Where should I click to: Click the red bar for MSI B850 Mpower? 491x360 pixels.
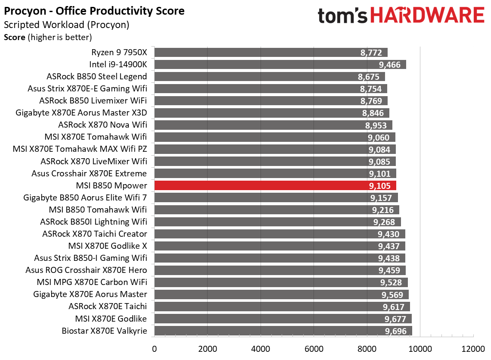pyautogui.click(x=275, y=185)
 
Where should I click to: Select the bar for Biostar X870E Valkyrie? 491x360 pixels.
pyautogui.click(x=283, y=331)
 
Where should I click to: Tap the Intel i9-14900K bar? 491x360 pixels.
pyautogui.click(x=280, y=65)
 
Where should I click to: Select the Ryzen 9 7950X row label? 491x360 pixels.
pyautogui.click(x=119, y=53)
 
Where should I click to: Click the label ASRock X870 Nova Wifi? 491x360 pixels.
pyautogui.click(x=103, y=125)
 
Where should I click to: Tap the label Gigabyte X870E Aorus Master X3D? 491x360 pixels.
pyautogui.click(x=81, y=113)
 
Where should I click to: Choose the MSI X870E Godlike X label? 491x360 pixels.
pyautogui.click(x=108, y=246)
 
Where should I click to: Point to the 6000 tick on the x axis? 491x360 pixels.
pyautogui.click(x=314, y=348)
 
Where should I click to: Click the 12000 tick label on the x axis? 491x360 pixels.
pyautogui.click(x=473, y=348)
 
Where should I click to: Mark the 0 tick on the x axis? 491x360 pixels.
pyautogui.click(x=154, y=348)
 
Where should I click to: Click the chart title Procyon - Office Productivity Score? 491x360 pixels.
pyautogui.click(x=94, y=11)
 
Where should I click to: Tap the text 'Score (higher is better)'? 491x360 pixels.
pyautogui.click(x=48, y=38)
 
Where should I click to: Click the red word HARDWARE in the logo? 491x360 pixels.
pyautogui.click(x=427, y=16)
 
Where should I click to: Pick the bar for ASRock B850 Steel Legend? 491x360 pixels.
pyautogui.click(x=269, y=77)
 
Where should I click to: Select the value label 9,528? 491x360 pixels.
pyautogui.click(x=391, y=283)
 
